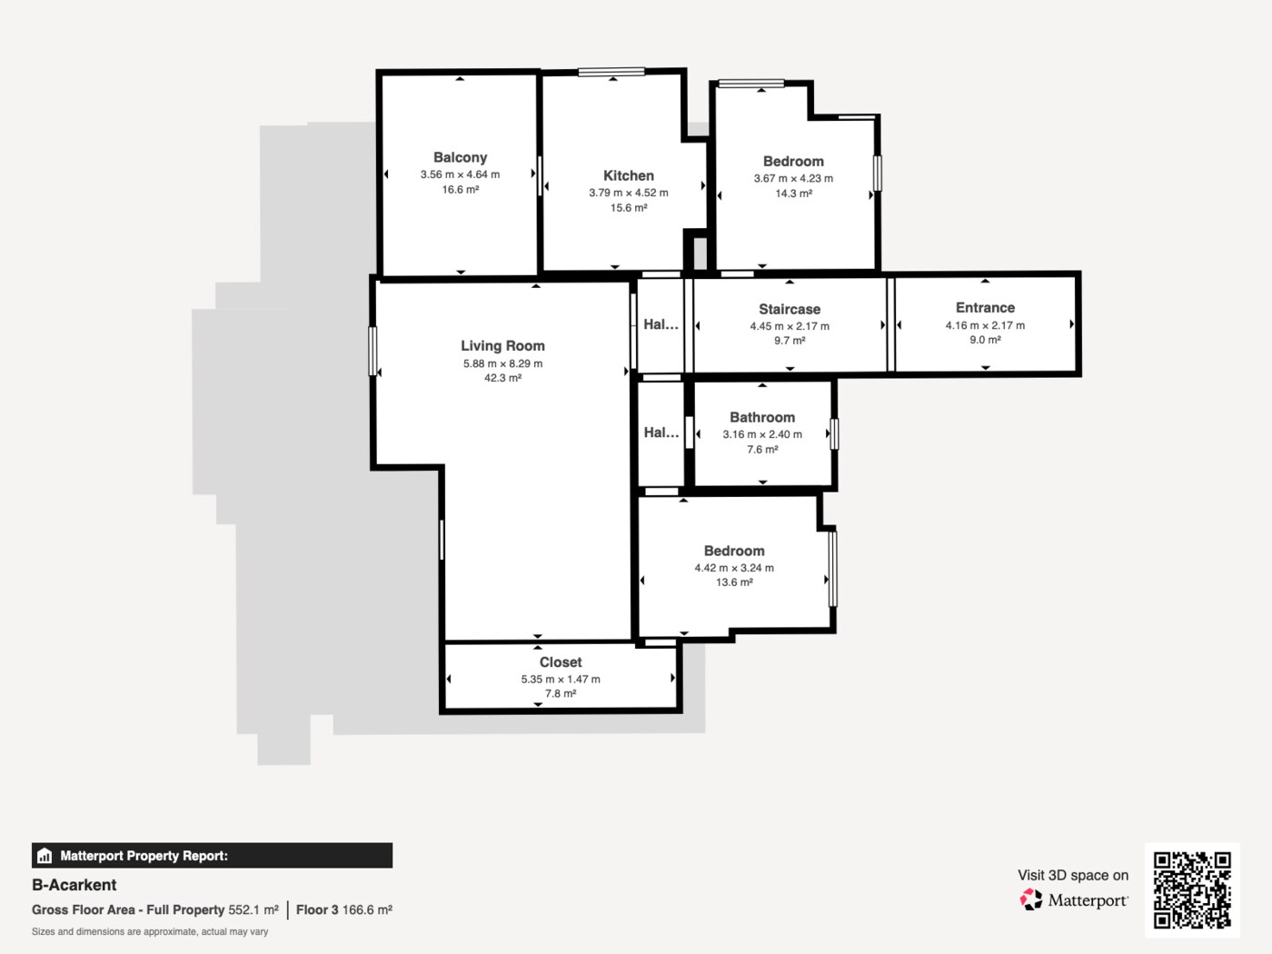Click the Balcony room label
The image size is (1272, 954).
click(x=460, y=157)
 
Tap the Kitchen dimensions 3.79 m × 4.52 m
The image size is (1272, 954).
click(x=628, y=193)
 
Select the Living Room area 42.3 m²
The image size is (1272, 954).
click(x=502, y=378)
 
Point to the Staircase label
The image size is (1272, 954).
click(x=790, y=309)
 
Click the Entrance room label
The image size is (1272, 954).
click(x=985, y=308)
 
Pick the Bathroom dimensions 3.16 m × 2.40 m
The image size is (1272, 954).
click(x=762, y=434)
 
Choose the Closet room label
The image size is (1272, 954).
click(x=561, y=662)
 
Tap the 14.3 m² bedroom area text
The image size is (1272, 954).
click(x=793, y=194)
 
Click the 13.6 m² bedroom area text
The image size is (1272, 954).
click(x=734, y=582)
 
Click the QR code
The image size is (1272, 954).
click(x=1192, y=889)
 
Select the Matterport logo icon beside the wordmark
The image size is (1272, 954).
click(x=1031, y=899)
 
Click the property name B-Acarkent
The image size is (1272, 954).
click(x=75, y=885)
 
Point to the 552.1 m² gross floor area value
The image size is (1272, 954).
click(x=253, y=910)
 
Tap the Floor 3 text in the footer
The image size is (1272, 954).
click(x=317, y=910)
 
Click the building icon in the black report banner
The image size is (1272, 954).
click(x=45, y=856)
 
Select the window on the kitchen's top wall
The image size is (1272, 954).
click(x=611, y=72)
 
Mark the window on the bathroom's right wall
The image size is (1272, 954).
click(x=834, y=434)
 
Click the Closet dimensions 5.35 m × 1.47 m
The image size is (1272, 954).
click(x=561, y=680)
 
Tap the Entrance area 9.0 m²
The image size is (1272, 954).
click(x=985, y=340)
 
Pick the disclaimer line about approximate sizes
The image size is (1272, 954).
click(x=150, y=932)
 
